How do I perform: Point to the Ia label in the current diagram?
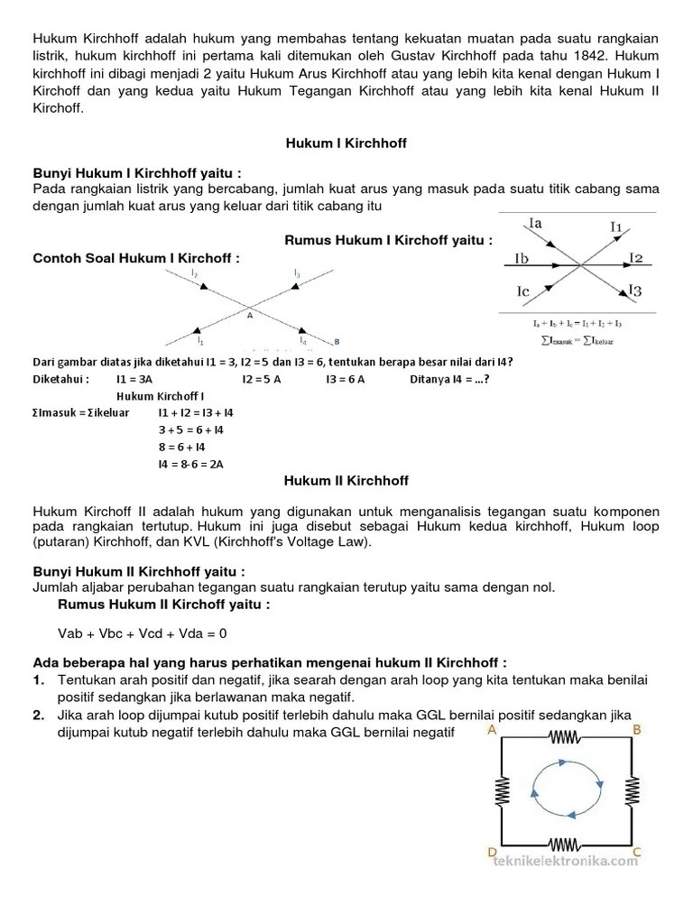533,222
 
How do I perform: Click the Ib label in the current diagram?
521,259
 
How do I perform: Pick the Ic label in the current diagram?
524,291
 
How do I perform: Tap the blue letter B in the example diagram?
337,341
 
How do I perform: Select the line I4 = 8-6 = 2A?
190,464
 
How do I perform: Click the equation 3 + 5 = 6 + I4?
190,430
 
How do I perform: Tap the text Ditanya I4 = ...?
448,379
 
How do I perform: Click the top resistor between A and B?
563,739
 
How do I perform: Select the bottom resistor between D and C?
563,845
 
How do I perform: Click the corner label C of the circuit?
636,851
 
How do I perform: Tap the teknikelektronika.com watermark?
566,861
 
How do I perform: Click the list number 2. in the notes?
39,715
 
